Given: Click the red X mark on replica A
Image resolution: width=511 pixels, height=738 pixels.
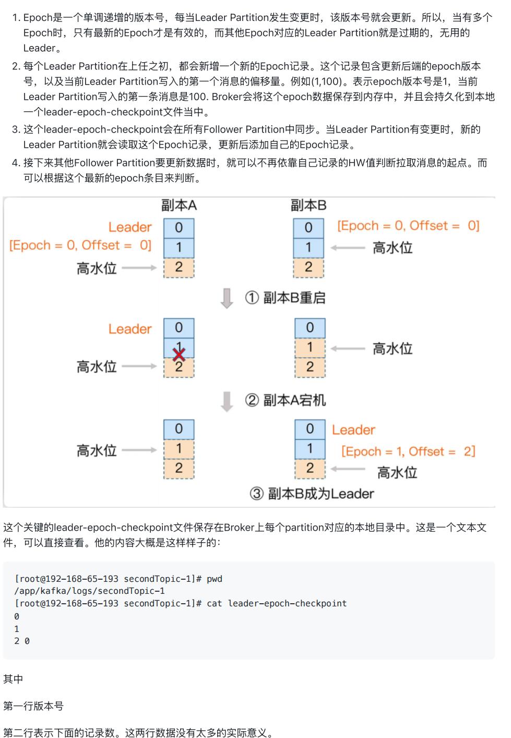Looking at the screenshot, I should point(179,355).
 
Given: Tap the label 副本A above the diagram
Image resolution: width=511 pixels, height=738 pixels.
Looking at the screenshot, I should point(179,205).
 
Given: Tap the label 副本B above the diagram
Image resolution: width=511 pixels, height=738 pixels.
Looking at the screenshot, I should point(308,205).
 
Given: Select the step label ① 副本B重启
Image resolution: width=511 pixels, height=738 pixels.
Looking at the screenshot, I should point(286,298).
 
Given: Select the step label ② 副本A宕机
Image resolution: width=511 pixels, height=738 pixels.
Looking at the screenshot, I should point(286,400).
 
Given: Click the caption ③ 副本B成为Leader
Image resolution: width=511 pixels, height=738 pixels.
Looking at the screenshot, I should point(312,494).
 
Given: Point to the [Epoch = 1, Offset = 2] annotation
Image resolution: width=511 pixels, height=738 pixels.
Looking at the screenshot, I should point(408,451).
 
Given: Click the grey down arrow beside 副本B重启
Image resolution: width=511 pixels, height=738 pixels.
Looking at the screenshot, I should point(227,298).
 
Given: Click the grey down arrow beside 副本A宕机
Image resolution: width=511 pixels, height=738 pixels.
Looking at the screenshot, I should point(227,401).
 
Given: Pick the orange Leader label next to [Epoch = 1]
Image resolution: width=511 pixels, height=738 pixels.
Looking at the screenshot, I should point(353,430).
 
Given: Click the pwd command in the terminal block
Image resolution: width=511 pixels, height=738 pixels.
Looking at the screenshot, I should point(215,579).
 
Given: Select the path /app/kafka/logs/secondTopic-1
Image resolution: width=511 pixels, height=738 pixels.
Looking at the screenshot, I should point(90,591).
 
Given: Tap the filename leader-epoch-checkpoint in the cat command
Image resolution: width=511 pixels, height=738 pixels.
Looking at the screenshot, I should point(287,603).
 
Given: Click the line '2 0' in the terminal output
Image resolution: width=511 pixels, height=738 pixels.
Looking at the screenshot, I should point(22,641).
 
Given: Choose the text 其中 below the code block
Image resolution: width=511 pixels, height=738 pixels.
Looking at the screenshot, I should point(13,679).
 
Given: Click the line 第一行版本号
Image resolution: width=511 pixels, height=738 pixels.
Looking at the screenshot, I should point(33,706).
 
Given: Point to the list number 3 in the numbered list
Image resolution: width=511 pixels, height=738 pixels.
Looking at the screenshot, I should point(16,130).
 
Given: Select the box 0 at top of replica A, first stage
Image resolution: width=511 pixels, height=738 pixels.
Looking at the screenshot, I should point(179,228).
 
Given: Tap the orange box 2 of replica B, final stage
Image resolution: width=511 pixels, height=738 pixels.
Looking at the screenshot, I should point(310,468).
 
